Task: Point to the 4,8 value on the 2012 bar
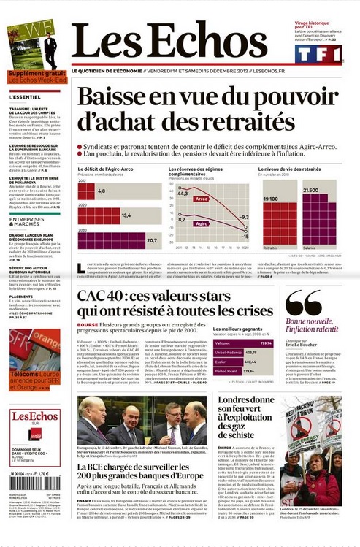102,191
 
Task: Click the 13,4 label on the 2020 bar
126,215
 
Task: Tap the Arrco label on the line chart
202,198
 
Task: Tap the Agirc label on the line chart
202,224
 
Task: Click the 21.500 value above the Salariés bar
310,190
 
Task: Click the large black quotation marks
303,302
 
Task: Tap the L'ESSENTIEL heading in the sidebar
26,96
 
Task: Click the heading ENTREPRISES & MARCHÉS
27,221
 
